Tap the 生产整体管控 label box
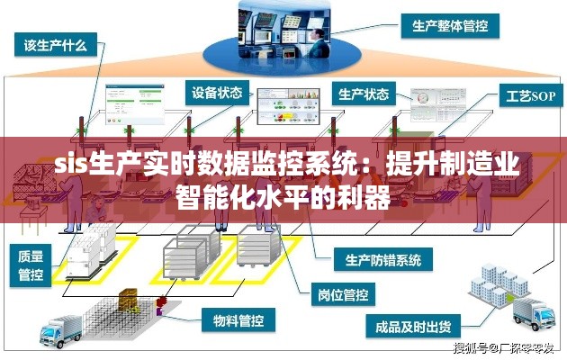[449, 27]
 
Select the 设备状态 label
[217, 92]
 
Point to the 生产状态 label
[364, 93]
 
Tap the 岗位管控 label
[342, 293]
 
